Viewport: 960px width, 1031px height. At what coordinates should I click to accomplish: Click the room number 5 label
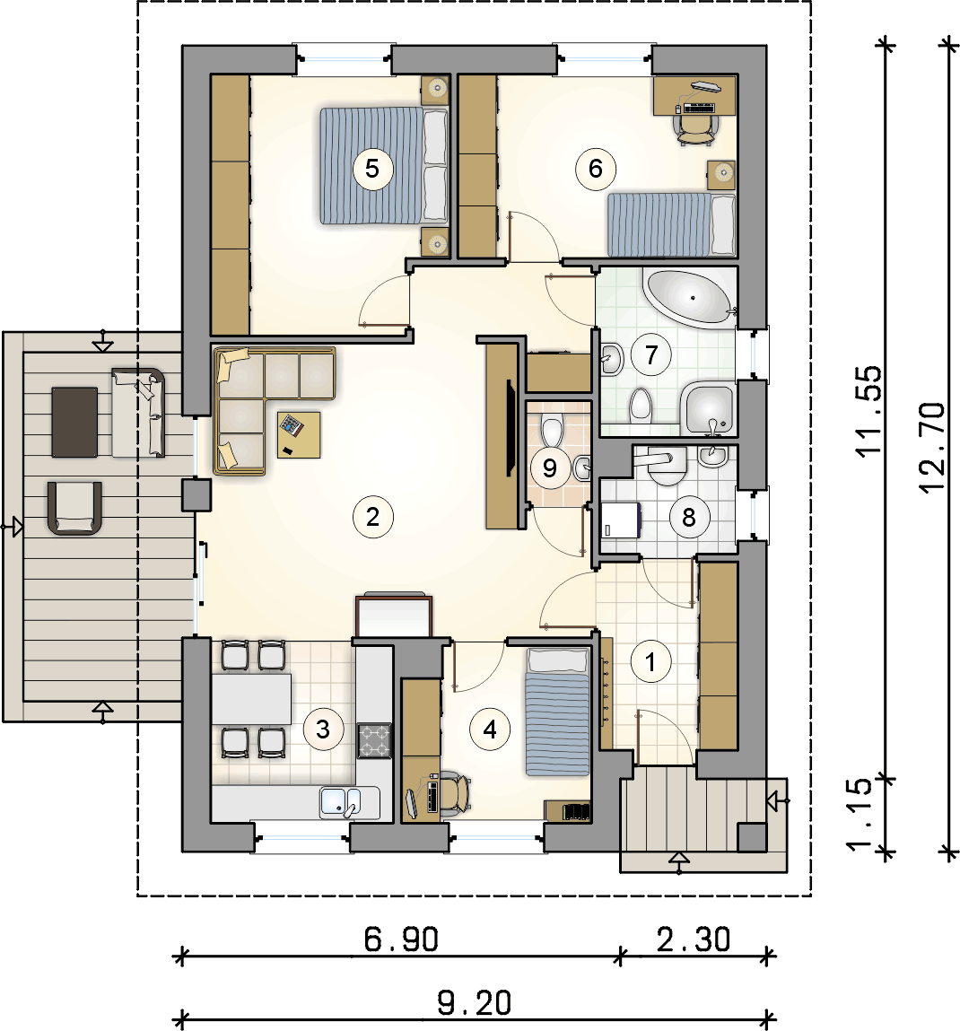pos(372,169)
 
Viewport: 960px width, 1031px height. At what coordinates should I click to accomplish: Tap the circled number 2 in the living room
pos(373,517)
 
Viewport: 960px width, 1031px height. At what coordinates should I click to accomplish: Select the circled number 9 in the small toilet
pos(550,468)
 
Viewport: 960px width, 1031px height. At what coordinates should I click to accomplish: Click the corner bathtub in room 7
pos(689,299)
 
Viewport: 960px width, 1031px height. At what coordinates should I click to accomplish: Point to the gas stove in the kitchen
pos(374,740)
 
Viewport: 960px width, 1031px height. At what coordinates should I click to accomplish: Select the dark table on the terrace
pos(75,422)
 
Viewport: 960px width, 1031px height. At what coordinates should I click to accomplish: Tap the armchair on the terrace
pos(75,508)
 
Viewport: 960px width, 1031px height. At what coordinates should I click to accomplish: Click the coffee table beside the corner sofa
pos(299,434)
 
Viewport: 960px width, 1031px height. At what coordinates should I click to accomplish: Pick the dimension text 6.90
pos(401,939)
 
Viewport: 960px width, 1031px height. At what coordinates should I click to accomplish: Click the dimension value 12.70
pos(932,447)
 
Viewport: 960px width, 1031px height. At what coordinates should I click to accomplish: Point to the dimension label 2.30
pos(694,939)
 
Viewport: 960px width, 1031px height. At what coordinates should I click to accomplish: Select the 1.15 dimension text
pos(860,815)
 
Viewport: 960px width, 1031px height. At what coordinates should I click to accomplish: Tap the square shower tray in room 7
pos(709,409)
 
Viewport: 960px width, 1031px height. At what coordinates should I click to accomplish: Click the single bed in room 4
pos(557,712)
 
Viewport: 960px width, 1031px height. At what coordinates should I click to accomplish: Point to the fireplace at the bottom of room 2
pos(394,616)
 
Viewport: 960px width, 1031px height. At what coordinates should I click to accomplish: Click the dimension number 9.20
pos(474,1002)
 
